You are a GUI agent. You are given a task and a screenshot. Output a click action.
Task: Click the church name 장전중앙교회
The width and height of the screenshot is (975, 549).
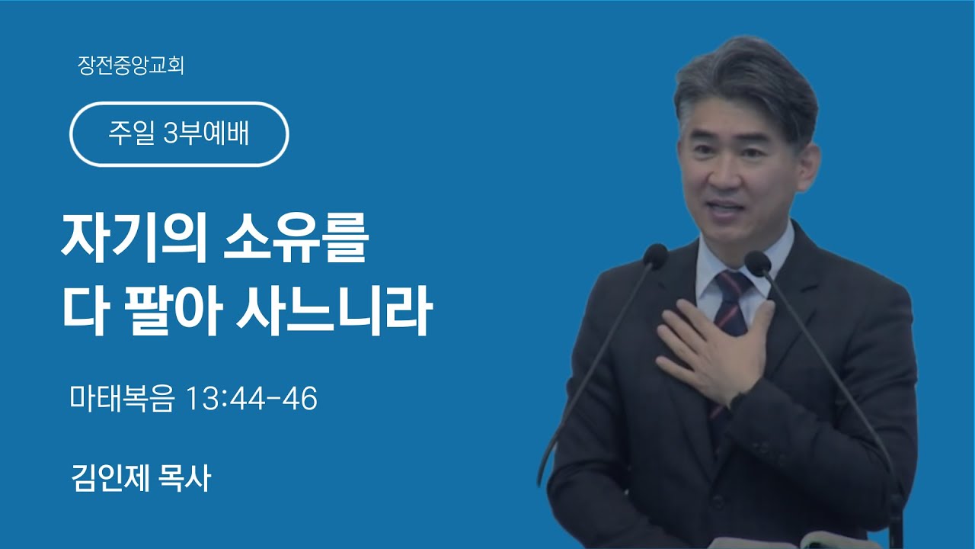pyautogui.click(x=131, y=66)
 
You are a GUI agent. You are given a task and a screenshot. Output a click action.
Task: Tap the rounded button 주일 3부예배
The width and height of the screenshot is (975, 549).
pyautogui.click(x=179, y=134)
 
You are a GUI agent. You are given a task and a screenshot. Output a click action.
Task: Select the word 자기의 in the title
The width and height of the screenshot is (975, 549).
pyautogui.click(x=133, y=239)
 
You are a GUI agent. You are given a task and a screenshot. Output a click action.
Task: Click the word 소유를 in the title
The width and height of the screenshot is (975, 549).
pyautogui.click(x=296, y=239)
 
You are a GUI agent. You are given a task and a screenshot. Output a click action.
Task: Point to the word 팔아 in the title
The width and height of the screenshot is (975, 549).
pyautogui.click(x=173, y=310)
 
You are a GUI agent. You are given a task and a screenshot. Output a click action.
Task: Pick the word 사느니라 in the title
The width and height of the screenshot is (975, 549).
pyautogui.click(x=334, y=310)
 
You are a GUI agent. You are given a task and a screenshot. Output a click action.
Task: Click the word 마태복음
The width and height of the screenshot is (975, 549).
pyautogui.click(x=123, y=398)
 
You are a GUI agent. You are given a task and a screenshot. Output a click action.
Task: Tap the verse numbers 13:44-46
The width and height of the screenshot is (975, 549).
pyautogui.click(x=251, y=399)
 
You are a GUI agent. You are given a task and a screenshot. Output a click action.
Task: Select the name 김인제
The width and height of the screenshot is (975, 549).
pyautogui.click(x=110, y=478)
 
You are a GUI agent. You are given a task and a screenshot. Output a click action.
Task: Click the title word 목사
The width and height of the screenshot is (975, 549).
pyautogui.click(x=186, y=478)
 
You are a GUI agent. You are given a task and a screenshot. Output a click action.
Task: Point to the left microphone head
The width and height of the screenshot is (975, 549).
pyautogui.click(x=654, y=255)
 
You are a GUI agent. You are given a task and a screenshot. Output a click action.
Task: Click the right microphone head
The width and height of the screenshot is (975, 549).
pyautogui.click(x=757, y=263)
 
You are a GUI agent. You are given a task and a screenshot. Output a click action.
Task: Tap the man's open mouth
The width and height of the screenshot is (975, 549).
pyautogui.click(x=726, y=209)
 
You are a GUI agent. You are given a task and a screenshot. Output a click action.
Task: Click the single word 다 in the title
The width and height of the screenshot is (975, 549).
pyautogui.click(x=85, y=310)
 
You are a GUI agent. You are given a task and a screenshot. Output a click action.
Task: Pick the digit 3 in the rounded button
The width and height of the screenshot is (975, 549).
pyautogui.click(x=171, y=133)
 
